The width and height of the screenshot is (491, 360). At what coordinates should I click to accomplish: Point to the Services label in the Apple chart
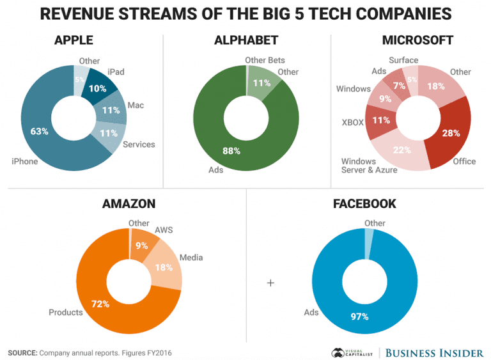[139, 145]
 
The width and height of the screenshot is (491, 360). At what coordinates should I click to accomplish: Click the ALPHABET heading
[246, 40]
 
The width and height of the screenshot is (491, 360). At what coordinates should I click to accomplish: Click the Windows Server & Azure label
[368, 166]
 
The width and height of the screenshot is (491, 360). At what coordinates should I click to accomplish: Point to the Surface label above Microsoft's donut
[403, 60]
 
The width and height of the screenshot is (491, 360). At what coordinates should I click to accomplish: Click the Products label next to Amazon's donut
[66, 312]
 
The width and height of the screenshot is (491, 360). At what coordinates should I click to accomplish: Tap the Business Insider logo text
[435, 352]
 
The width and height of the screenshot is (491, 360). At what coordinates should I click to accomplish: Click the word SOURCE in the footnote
[22, 352]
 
